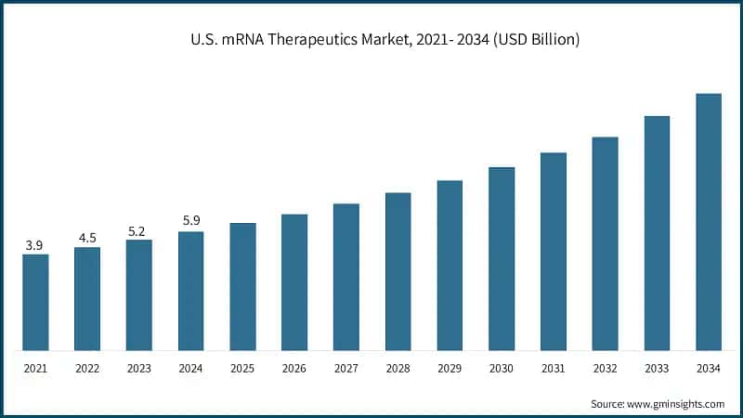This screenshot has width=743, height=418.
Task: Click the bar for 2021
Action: click(x=35, y=302)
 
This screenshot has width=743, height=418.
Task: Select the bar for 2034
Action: click(x=709, y=222)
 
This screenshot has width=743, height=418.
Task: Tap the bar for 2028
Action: click(x=398, y=271)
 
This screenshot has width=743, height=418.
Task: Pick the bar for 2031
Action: click(x=554, y=252)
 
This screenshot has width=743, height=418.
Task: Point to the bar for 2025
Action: click(x=242, y=286)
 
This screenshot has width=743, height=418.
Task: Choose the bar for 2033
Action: click(x=657, y=233)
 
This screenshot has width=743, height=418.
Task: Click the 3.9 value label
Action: click(x=35, y=245)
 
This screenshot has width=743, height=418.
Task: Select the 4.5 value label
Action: click(x=87, y=238)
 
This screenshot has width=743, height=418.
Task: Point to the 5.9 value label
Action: click(x=190, y=221)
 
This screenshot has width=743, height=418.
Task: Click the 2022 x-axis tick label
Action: click(x=87, y=369)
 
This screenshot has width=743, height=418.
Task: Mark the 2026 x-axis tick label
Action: click(x=294, y=369)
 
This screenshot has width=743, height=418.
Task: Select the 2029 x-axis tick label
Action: click(x=450, y=369)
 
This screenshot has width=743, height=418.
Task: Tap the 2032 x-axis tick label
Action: click(x=606, y=369)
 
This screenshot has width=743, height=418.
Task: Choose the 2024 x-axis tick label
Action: click(x=190, y=369)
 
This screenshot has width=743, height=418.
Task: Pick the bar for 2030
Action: click(x=502, y=259)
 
